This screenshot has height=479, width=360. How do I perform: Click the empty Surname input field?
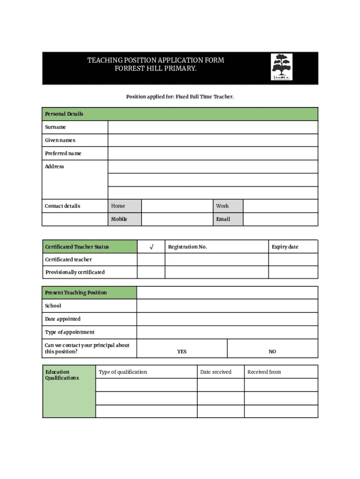213,127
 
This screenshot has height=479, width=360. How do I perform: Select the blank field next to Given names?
213,140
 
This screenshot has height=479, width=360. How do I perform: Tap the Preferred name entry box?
213,153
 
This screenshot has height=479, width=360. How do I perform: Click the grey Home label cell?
124,206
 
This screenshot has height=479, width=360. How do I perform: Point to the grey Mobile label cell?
124,219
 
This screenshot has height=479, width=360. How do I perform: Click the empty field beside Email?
280,219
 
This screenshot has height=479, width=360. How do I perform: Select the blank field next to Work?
280,206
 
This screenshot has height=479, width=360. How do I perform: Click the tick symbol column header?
151,247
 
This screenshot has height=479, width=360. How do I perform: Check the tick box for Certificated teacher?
151,260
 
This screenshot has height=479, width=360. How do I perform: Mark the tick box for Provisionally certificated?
151,272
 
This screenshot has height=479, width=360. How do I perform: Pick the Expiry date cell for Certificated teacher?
293,260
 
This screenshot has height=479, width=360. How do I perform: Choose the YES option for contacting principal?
182,351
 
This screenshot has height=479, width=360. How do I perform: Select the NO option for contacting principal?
272,351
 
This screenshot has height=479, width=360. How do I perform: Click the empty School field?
227,306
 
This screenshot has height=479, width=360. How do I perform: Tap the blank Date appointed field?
227,319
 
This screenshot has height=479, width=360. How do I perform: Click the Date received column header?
216,372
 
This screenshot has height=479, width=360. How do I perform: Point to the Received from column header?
264,372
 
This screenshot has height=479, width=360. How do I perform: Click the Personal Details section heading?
64,114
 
